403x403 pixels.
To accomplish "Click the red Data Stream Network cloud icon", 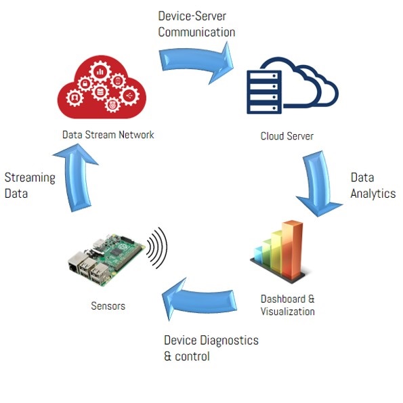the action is [x=102, y=87].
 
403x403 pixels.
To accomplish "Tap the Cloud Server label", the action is [x=287, y=136].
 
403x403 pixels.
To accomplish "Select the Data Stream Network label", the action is [x=108, y=135].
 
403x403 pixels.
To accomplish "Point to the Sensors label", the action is [x=108, y=306].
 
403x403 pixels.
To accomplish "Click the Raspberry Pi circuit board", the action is [x=106, y=259].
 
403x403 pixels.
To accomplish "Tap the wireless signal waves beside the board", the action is [x=157, y=248].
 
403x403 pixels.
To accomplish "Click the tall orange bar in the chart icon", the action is [x=292, y=250].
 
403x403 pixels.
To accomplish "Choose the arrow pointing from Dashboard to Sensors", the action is [x=199, y=300].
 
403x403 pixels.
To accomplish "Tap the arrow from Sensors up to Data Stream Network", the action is [x=76, y=177].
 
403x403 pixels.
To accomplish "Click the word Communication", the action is [x=196, y=32].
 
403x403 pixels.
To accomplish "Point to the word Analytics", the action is [x=373, y=194].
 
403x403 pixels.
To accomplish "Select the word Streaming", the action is [x=30, y=178].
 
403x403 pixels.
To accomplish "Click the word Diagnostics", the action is [x=229, y=340].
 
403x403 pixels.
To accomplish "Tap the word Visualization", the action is [x=288, y=312].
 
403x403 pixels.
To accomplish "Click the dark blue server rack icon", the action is [x=264, y=92].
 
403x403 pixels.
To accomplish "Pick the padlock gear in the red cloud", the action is [x=85, y=83].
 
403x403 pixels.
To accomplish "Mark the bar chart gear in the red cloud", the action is [x=100, y=72].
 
